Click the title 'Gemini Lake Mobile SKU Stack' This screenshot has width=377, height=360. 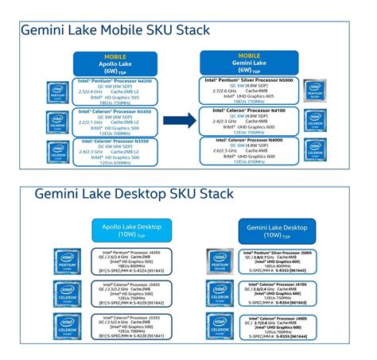point(116,31)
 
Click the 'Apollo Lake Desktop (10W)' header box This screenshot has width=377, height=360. point(131,230)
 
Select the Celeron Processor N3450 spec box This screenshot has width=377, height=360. point(116,122)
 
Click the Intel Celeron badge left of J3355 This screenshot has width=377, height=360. point(65,327)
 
